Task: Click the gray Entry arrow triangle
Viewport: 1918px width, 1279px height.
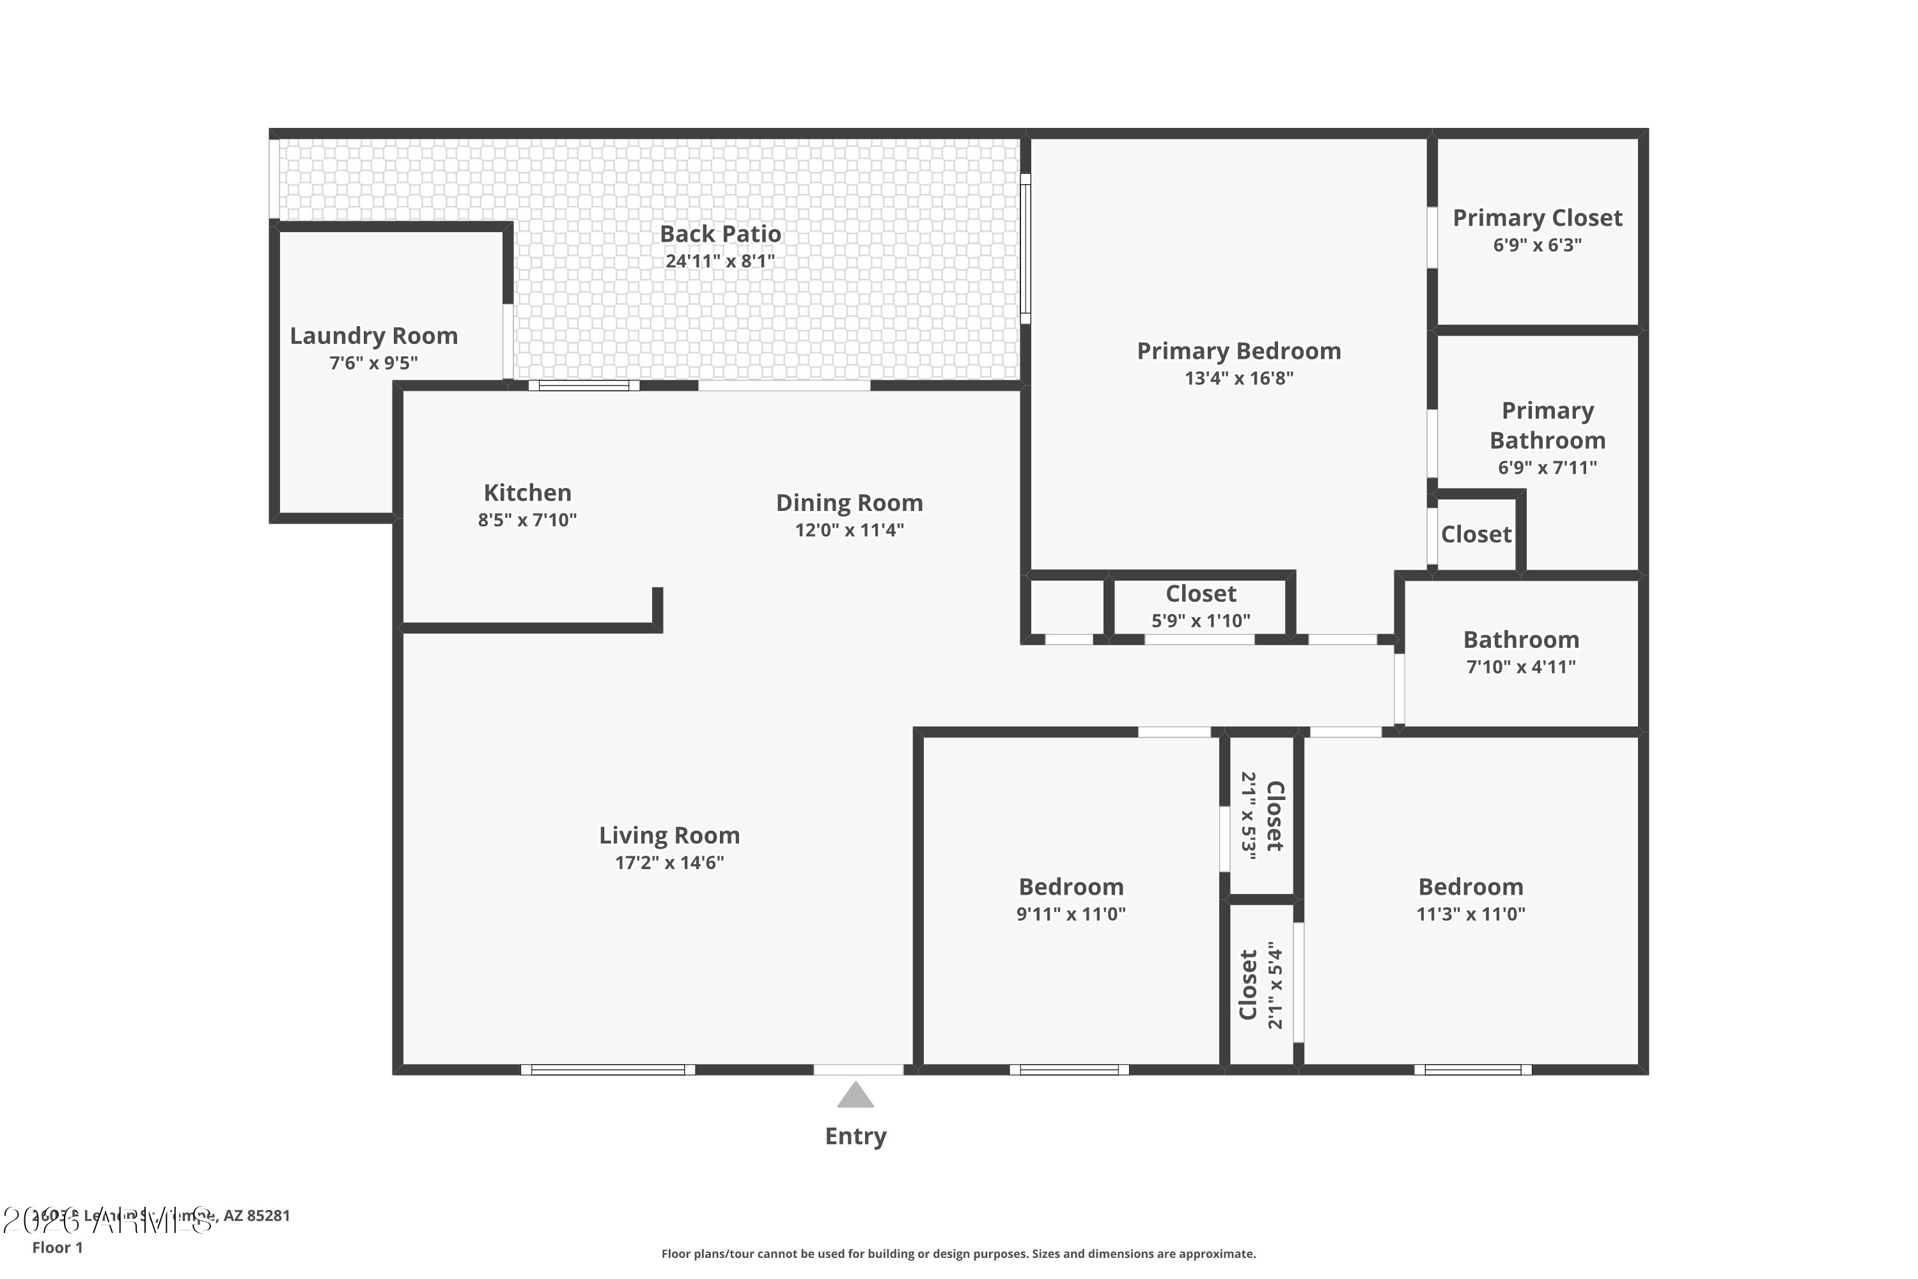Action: [x=855, y=1096]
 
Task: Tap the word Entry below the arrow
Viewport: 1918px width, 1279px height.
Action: [x=855, y=1136]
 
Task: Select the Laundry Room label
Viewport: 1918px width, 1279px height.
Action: [x=373, y=336]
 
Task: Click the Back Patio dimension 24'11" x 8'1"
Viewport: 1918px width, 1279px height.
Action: [x=719, y=261]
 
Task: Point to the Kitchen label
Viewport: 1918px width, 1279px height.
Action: [x=527, y=492]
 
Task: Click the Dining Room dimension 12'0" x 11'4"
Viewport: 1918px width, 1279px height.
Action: [x=849, y=530]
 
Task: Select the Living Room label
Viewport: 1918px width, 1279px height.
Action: [x=669, y=835]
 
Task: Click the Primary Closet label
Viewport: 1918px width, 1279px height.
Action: [x=1536, y=218]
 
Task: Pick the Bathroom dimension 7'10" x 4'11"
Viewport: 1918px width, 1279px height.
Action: [x=1520, y=667]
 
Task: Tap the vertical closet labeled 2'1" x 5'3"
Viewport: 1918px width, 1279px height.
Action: [x=1261, y=816]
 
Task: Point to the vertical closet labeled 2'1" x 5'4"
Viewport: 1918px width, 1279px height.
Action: [x=1261, y=985]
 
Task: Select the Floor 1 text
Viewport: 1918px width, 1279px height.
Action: [x=57, y=1247]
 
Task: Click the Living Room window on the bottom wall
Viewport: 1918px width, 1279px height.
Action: [x=607, y=1069]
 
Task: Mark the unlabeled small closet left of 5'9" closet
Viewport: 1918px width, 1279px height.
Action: [x=1066, y=607]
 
